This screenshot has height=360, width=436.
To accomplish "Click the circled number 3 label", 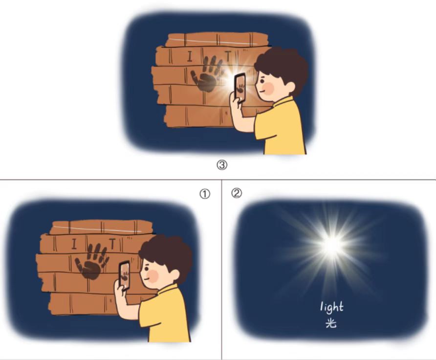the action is click(x=221, y=165).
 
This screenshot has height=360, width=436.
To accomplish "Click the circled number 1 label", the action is click(x=205, y=194).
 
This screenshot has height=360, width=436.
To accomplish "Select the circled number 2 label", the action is click(x=237, y=193).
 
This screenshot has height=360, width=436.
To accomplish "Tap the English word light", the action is click(x=332, y=307).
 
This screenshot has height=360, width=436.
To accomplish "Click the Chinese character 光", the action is click(x=331, y=323).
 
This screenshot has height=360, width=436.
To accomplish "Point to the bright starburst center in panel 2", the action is click(x=332, y=245).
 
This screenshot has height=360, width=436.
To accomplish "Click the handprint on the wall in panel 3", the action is click(x=207, y=74).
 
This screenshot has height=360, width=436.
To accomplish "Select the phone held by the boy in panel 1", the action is click(x=125, y=275).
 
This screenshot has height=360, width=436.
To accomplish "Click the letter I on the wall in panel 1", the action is click(x=74, y=244).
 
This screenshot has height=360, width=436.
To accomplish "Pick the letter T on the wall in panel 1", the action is click(x=112, y=244).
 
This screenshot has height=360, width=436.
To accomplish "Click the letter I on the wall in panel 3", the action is click(x=190, y=56).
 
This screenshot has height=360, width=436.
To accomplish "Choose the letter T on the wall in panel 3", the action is click(x=228, y=56).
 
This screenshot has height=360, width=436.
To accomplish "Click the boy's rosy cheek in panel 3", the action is click(x=268, y=89).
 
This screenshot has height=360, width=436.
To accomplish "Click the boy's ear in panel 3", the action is click(x=289, y=87).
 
